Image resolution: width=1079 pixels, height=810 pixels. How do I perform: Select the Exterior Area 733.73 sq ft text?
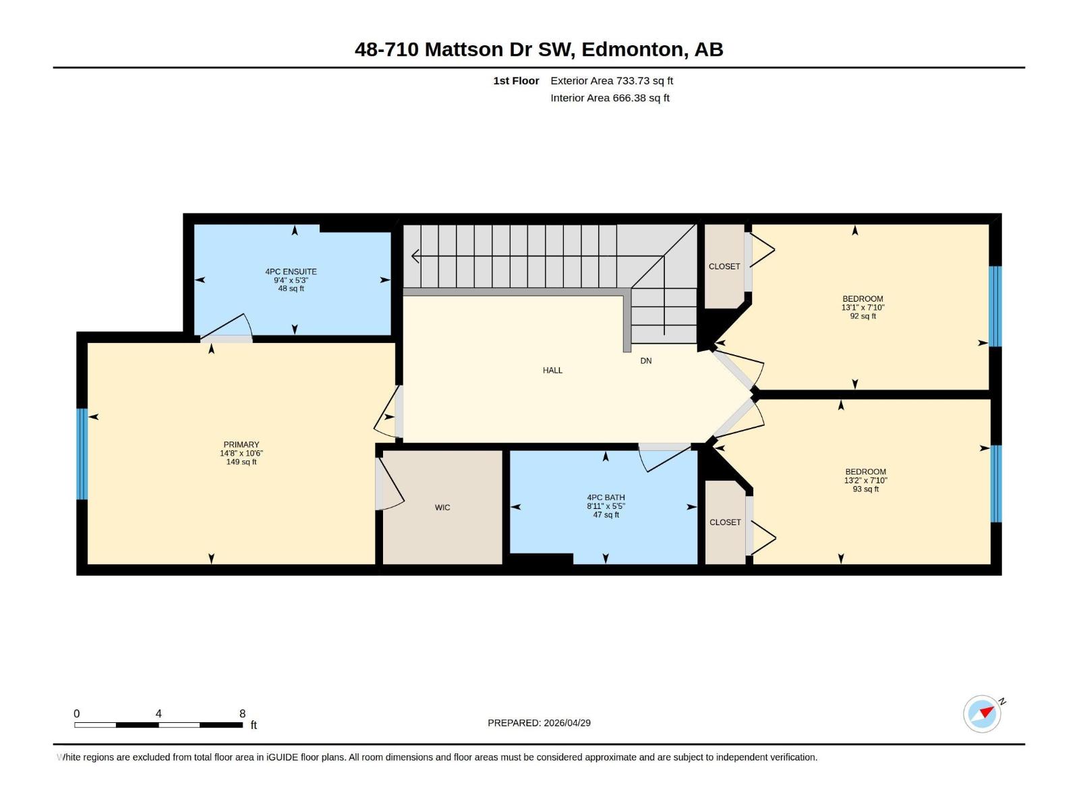coord(612,80)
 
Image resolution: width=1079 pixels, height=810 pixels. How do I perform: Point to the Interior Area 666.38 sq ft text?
coord(610,98)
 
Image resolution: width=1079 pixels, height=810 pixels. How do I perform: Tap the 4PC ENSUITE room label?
coord(291,271)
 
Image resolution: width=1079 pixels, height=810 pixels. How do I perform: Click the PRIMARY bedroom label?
coord(241,445)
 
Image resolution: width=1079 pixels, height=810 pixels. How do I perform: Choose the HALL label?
coord(552,371)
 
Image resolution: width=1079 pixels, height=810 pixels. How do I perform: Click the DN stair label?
coord(646,361)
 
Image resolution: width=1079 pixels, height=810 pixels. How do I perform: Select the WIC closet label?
coord(442,508)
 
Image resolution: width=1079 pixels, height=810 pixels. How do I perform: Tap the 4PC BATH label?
coord(606,497)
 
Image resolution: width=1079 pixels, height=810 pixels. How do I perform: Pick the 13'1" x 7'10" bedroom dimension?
coord(863,307)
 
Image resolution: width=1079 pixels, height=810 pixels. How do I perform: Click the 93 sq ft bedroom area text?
coord(866,489)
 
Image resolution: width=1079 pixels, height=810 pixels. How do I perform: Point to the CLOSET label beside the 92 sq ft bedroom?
coord(724,267)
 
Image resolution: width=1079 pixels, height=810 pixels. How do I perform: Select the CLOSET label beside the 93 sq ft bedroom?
coord(725,522)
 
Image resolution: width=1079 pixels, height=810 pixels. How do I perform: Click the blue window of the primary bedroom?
coord(82,454)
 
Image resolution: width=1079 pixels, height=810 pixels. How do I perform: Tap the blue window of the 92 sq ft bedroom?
coord(995,306)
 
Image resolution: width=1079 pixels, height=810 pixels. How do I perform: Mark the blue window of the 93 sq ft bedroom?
coord(995,483)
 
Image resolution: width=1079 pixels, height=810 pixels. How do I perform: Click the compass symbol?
coord(983,713)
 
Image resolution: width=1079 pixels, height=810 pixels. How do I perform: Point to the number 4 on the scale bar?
coord(158,713)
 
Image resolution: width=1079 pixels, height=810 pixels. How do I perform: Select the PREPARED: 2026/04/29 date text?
coord(539,723)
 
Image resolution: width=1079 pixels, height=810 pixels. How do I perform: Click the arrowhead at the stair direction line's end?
coord(415,256)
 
